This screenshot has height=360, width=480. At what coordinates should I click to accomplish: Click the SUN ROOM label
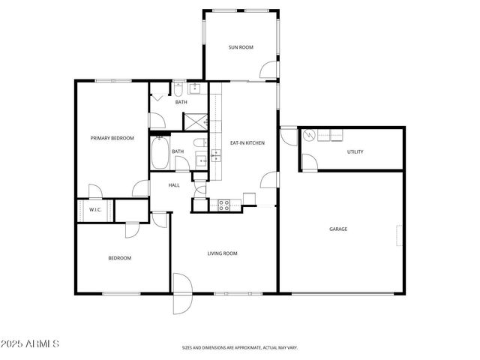[x=241, y=47]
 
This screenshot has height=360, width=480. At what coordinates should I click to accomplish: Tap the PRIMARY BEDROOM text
[x=112, y=138]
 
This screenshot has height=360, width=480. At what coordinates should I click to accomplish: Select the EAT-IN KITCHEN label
[x=247, y=142]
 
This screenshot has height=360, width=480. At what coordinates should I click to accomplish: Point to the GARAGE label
[x=337, y=229]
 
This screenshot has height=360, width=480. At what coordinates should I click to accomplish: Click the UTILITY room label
[x=355, y=151]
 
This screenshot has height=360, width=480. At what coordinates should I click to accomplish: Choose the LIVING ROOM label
[x=223, y=253]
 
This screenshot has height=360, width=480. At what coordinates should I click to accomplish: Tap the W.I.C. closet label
[x=95, y=210]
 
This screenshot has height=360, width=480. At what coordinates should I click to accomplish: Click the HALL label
[x=174, y=185]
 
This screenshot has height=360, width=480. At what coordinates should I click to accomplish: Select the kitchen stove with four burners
[x=223, y=205]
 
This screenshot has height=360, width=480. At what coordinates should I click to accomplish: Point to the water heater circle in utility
[x=310, y=137]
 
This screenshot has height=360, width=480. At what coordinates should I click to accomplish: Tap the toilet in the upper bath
[x=180, y=91]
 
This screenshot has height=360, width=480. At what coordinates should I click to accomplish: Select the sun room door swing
[x=268, y=70]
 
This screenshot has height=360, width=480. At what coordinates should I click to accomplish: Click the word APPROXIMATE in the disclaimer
[x=245, y=348]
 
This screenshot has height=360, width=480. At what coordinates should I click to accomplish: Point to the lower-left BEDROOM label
[x=119, y=258]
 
